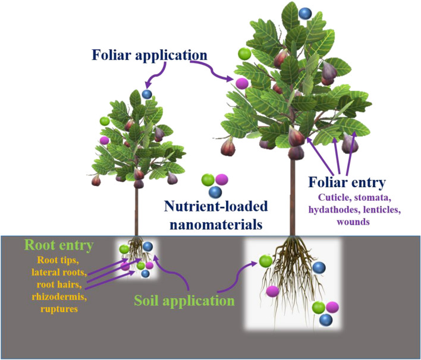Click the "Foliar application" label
coord(149,55)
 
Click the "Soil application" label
coord(183,301)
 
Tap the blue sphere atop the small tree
coord(147,93)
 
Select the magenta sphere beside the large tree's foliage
coord(241,83)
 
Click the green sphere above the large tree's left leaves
coord(244,53)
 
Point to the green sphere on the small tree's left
coord(105,121)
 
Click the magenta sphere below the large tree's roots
coord(273,291)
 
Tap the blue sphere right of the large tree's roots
coord(319,269)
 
